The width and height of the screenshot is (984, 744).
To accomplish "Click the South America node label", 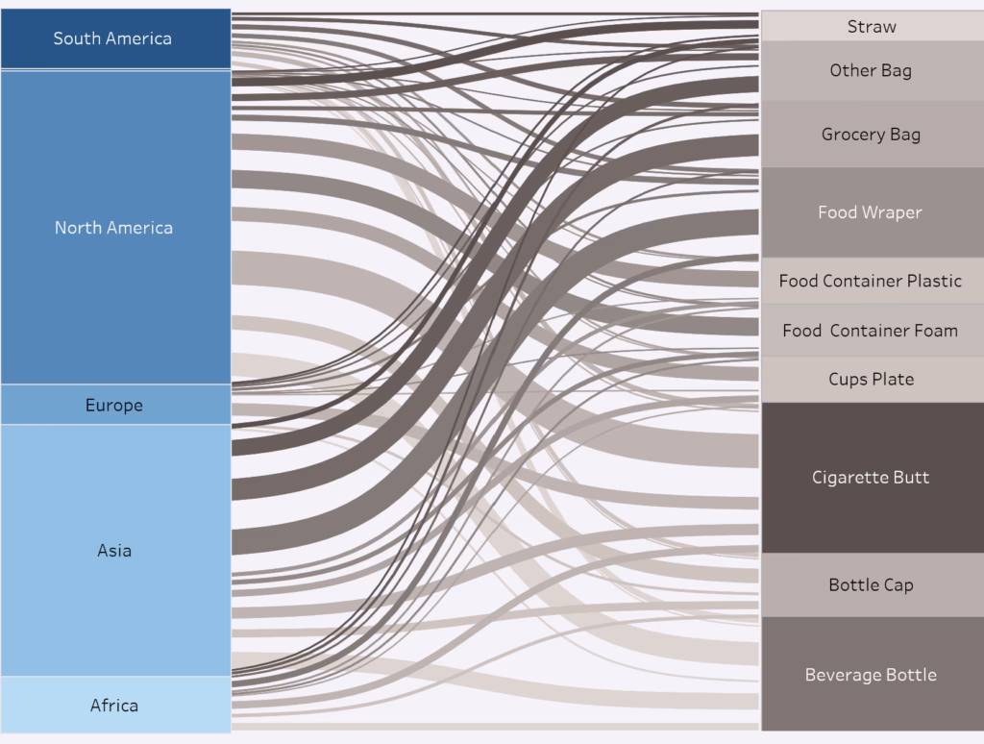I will click(112, 38).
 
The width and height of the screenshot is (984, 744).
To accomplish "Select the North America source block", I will click(114, 228).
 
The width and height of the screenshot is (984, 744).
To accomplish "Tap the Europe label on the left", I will click(113, 406).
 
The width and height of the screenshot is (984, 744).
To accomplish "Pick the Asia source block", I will click(114, 551).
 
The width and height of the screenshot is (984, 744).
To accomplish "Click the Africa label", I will click(114, 706).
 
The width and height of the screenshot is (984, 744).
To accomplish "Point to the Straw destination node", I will click(872, 27).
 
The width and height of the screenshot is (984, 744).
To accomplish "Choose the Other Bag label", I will click(871, 70).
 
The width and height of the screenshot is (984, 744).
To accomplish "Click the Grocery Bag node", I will click(871, 135).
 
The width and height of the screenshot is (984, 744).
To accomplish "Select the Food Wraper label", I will click(870, 212).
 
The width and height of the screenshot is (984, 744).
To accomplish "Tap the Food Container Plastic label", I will click(870, 281).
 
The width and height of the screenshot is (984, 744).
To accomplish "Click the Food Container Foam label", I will click(870, 331).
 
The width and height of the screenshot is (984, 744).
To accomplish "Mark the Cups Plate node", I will click(871, 379).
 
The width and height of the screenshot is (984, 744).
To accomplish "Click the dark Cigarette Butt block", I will click(871, 478).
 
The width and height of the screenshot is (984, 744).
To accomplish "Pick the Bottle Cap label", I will click(871, 584).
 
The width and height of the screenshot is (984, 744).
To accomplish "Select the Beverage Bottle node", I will click(871, 675).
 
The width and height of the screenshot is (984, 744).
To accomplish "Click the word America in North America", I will click(139, 228).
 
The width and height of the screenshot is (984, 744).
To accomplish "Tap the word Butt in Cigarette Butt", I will click(912, 478).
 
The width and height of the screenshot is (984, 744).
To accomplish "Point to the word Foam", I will click(935, 331).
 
